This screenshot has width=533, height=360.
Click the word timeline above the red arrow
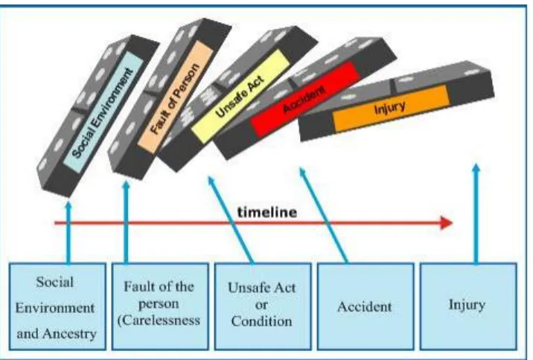click(267, 213)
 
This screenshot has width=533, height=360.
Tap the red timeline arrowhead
click(447, 223)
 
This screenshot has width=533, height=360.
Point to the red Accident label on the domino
click(305, 99)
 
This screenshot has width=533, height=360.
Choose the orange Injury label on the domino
click(390, 109)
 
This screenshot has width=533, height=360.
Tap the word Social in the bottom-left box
click(55, 282)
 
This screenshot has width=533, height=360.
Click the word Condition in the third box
click(261, 321)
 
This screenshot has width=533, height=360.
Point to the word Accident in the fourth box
click(365, 306)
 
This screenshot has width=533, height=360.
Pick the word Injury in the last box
click(467, 305)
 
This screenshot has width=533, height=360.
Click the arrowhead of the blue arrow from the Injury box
click(476, 168)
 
